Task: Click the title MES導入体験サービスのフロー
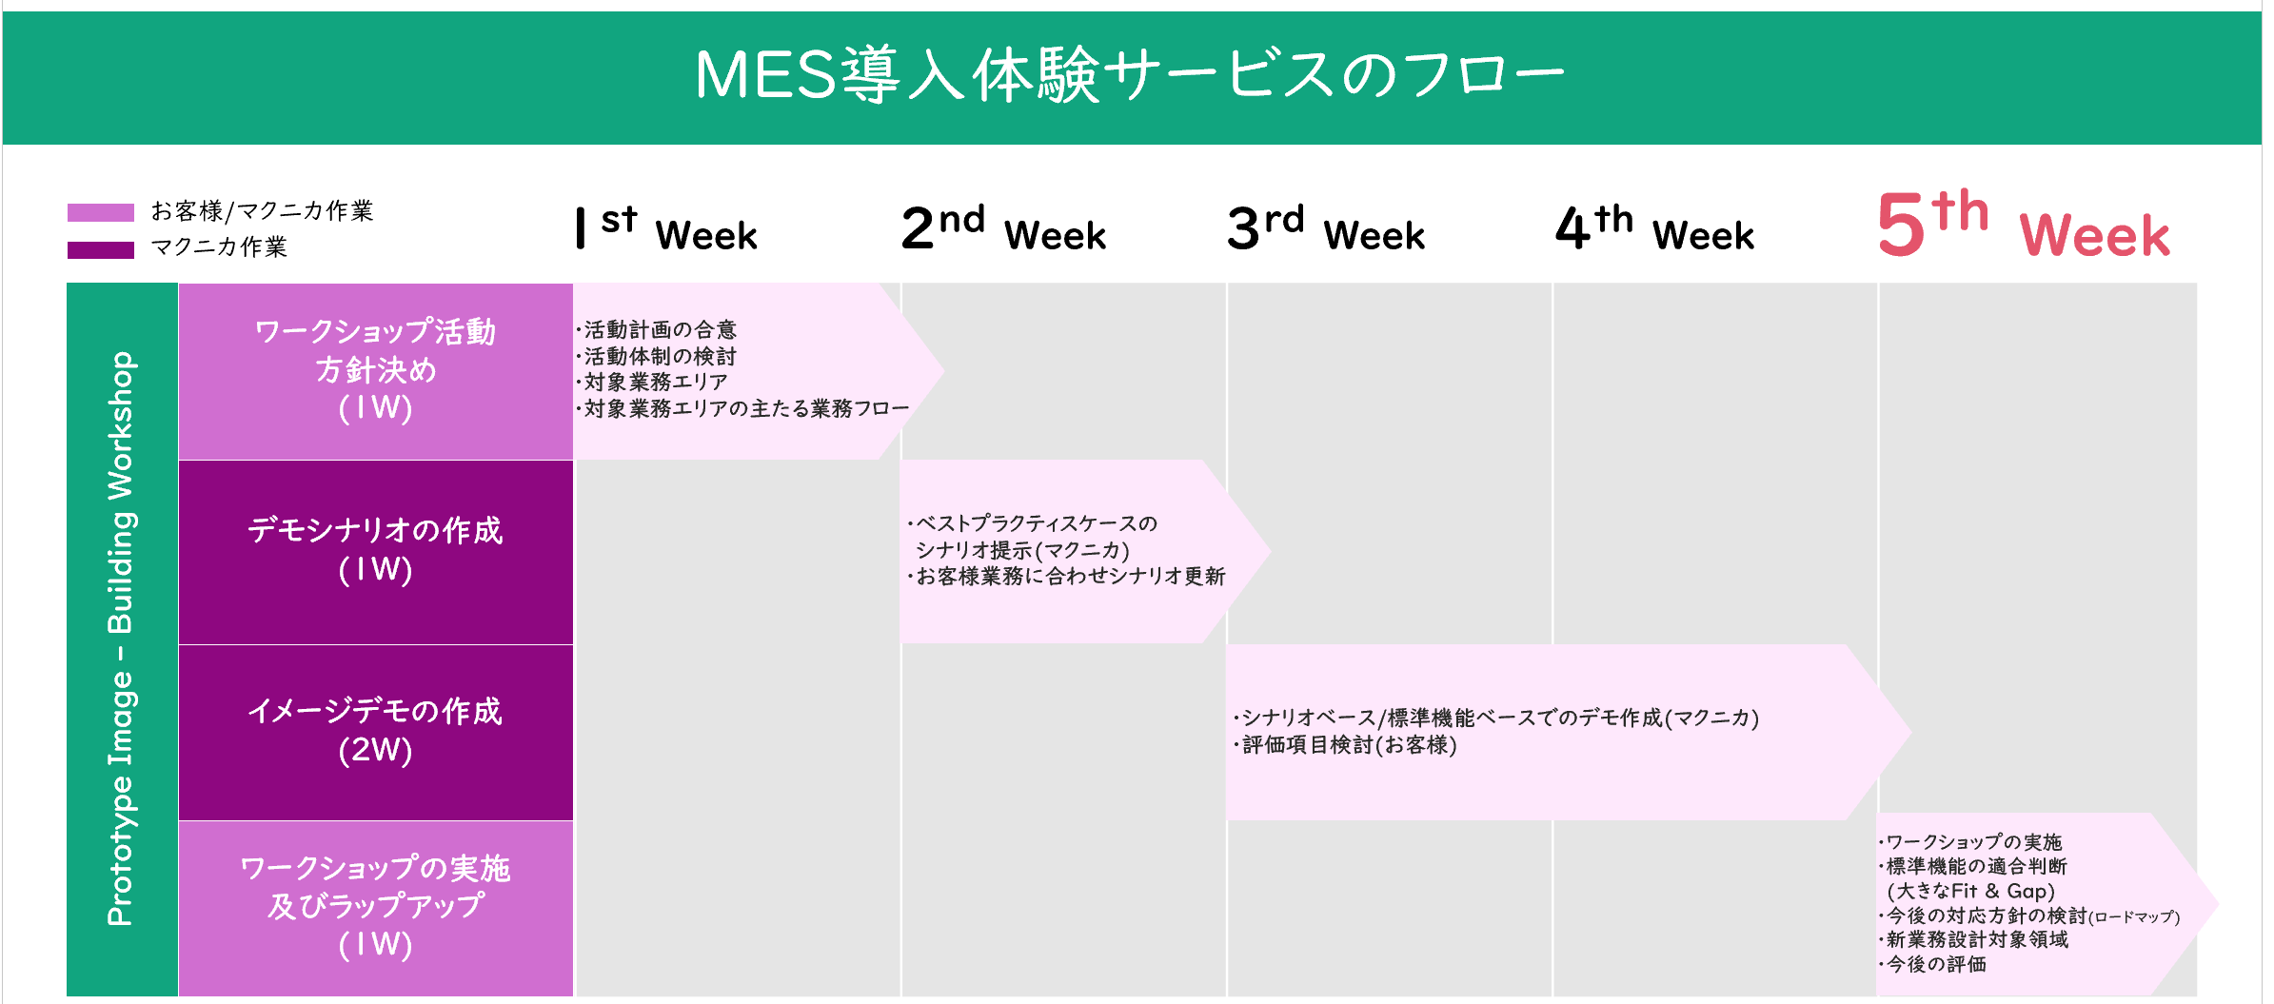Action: pyautogui.click(x=1130, y=75)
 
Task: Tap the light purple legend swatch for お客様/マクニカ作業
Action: pyautogui.click(x=101, y=212)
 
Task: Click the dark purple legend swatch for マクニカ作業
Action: pyautogui.click(x=101, y=249)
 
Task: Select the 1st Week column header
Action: pyautogui.click(x=666, y=229)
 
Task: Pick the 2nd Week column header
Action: pyautogui.click(x=1004, y=229)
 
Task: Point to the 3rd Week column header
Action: pyautogui.click(x=1326, y=229)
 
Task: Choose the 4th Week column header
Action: pyautogui.click(x=1654, y=229)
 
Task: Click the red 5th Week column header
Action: pyautogui.click(x=2024, y=225)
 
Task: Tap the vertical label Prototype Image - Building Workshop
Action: pyautogui.click(x=122, y=639)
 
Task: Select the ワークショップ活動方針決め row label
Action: pyautogui.click(x=376, y=370)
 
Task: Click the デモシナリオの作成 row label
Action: pyautogui.click(x=376, y=549)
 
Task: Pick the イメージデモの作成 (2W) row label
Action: pyautogui.click(x=376, y=730)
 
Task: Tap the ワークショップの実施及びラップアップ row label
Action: pyautogui.click(x=376, y=906)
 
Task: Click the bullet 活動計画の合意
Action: pyautogui.click(x=656, y=329)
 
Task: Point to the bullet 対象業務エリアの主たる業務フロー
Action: pyautogui.click(x=742, y=408)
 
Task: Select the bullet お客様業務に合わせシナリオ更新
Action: pyautogui.click(x=1066, y=576)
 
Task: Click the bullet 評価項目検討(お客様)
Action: pyautogui.click(x=1345, y=744)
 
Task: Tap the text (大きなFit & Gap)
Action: pyautogui.click(x=1971, y=891)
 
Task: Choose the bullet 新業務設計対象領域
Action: pyautogui.click(x=1973, y=939)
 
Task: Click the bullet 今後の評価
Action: pyautogui.click(x=1932, y=964)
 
